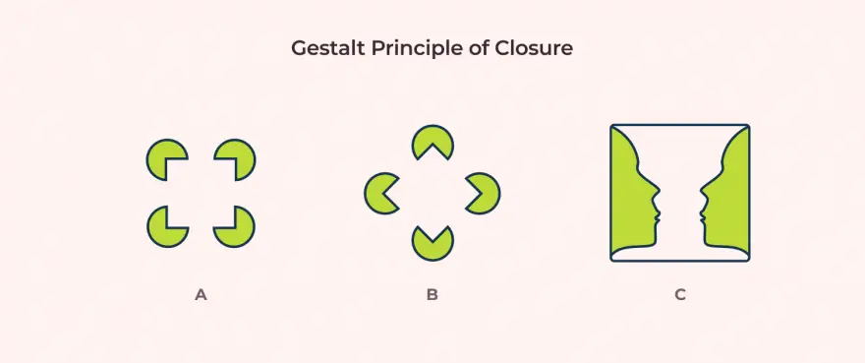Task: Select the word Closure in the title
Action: pyautogui.click(x=537, y=48)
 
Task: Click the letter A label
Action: pyautogui.click(x=201, y=294)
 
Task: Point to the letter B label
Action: pyautogui.click(x=432, y=294)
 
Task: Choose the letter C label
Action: pyautogui.click(x=680, y=294)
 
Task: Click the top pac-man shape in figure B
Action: pyautogui.click(x=432, y=138)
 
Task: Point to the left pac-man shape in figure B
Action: pyautogui.click(x=377, y=193)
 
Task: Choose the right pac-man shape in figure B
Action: pyautogui.click(x=487, y=193)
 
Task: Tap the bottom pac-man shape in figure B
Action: pyautogui.click(x=432, y=247)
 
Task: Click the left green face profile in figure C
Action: pyautogui.click(x=629, y=197)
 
